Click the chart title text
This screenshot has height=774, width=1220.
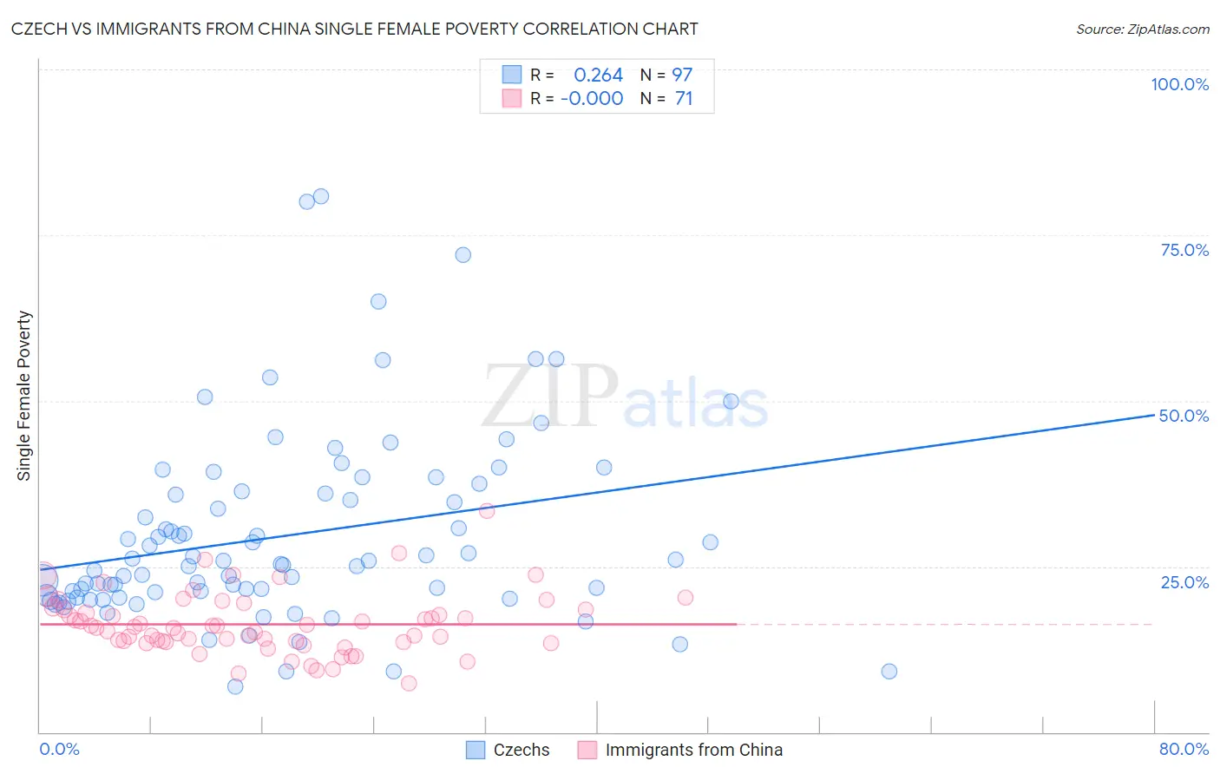coord(355,29)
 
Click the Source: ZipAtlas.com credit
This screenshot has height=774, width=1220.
coord(1142,29)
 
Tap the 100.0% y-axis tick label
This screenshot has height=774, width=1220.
coord(1179,84)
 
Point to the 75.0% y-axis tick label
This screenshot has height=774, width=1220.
coord(1184,250)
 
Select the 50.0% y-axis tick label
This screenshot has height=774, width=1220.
coord(1184,416)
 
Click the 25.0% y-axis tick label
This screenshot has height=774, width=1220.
coord(1184,581)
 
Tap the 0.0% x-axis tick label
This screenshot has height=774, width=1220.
coord(59,749)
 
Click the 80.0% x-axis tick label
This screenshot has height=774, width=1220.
coord(1184,749)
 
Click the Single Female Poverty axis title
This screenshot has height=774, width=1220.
coord(24,396)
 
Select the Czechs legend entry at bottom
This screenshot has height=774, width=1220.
coord(508,750)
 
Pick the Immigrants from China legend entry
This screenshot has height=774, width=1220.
coord(680,750)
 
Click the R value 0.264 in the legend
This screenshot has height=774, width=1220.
coord(598,75)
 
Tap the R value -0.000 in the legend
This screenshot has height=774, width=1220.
coord(592,99)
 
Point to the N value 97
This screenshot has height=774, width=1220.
coord(682,75)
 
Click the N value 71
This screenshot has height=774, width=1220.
coord(684,99)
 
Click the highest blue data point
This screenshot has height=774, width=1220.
coord(321,196)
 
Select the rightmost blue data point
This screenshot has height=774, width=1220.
coord(889,671)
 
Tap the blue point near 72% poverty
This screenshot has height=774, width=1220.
coord(463,255)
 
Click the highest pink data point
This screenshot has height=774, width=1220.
coord(487,511)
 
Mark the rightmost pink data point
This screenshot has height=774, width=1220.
coord(685,597)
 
